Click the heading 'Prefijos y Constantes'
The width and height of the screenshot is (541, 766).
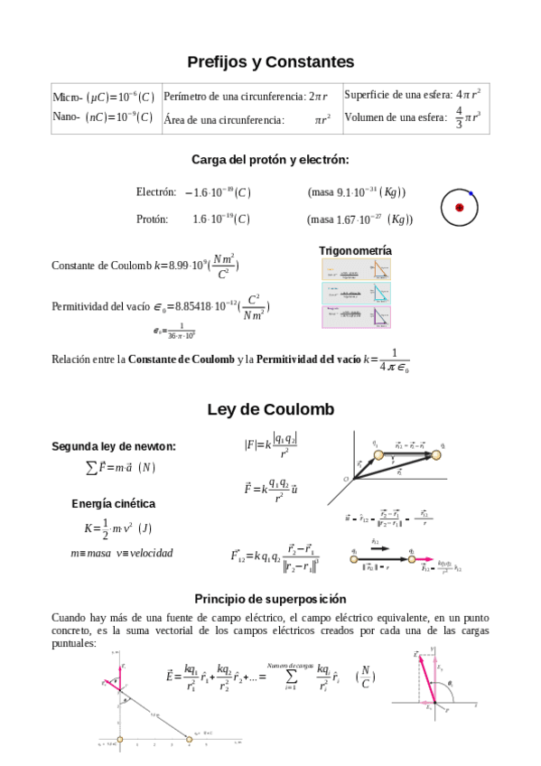tap(270, 62)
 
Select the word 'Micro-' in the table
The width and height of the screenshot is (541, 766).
tap(68, 98)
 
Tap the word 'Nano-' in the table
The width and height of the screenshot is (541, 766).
tap(68, 117)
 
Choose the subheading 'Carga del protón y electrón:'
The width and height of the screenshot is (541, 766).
tap(270, 160)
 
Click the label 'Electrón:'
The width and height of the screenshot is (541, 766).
tap(155, 191)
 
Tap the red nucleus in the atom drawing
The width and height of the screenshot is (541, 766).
tap(459, 208)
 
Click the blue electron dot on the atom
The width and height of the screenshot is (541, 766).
tap(471, 193)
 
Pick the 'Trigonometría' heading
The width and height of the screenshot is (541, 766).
tap(355, 250)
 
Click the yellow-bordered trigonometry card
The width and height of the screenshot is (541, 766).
tap(357, 269)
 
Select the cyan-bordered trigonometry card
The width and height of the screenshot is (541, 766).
tap(357, 293)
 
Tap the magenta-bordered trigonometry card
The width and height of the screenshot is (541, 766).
tap(357, 316)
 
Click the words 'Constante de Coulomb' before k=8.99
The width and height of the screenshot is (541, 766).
tap(101, 266)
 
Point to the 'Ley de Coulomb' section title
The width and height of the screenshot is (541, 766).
tap(270, 409)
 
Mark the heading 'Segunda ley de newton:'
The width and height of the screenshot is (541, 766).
tap(114, 446)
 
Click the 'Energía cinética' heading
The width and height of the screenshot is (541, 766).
tap(114, 503)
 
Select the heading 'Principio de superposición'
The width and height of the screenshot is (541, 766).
tap(270, 599)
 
